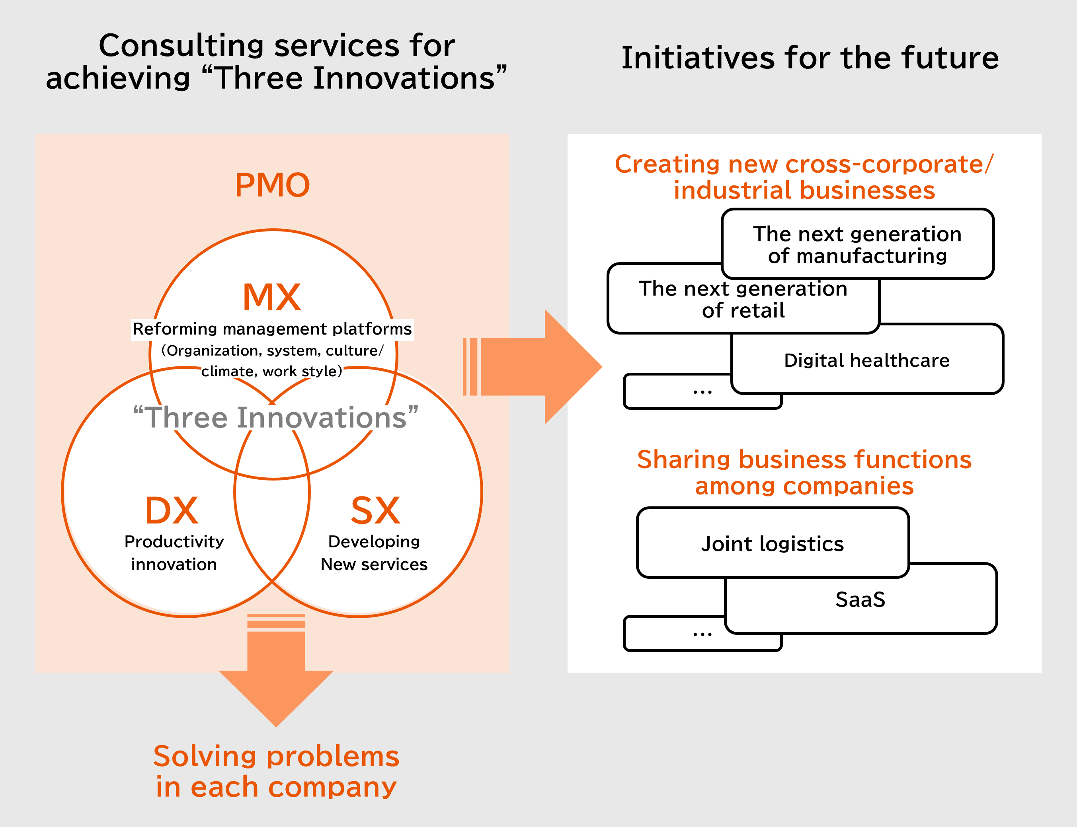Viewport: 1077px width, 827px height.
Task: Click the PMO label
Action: tap(272, 185)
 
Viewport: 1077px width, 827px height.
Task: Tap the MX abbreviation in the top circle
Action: tap(272, 297)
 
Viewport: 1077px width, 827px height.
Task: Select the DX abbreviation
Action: tap(172, 510)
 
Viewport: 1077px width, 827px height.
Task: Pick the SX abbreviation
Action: tap(375, 510)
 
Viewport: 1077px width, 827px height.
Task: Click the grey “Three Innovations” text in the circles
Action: tap(276, 417)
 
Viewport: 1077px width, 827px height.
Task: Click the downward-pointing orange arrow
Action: tap(276, 670)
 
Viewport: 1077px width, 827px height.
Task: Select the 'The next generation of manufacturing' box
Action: tap(858, 244)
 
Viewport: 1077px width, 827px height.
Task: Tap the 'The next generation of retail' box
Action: tap(743, 299)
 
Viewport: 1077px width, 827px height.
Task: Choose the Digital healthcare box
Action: tap(867, 359)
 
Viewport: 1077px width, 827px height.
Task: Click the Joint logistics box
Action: tap(773, 543)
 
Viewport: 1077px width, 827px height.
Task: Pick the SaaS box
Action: tap(861, 599)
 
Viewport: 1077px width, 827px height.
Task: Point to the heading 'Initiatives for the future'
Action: tap(810, 58)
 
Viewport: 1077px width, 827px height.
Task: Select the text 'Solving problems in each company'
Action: tap(276, 771)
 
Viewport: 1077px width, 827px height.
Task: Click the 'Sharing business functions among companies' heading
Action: tap(804, 473)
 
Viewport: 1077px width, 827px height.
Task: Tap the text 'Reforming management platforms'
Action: tap(272, 329)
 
